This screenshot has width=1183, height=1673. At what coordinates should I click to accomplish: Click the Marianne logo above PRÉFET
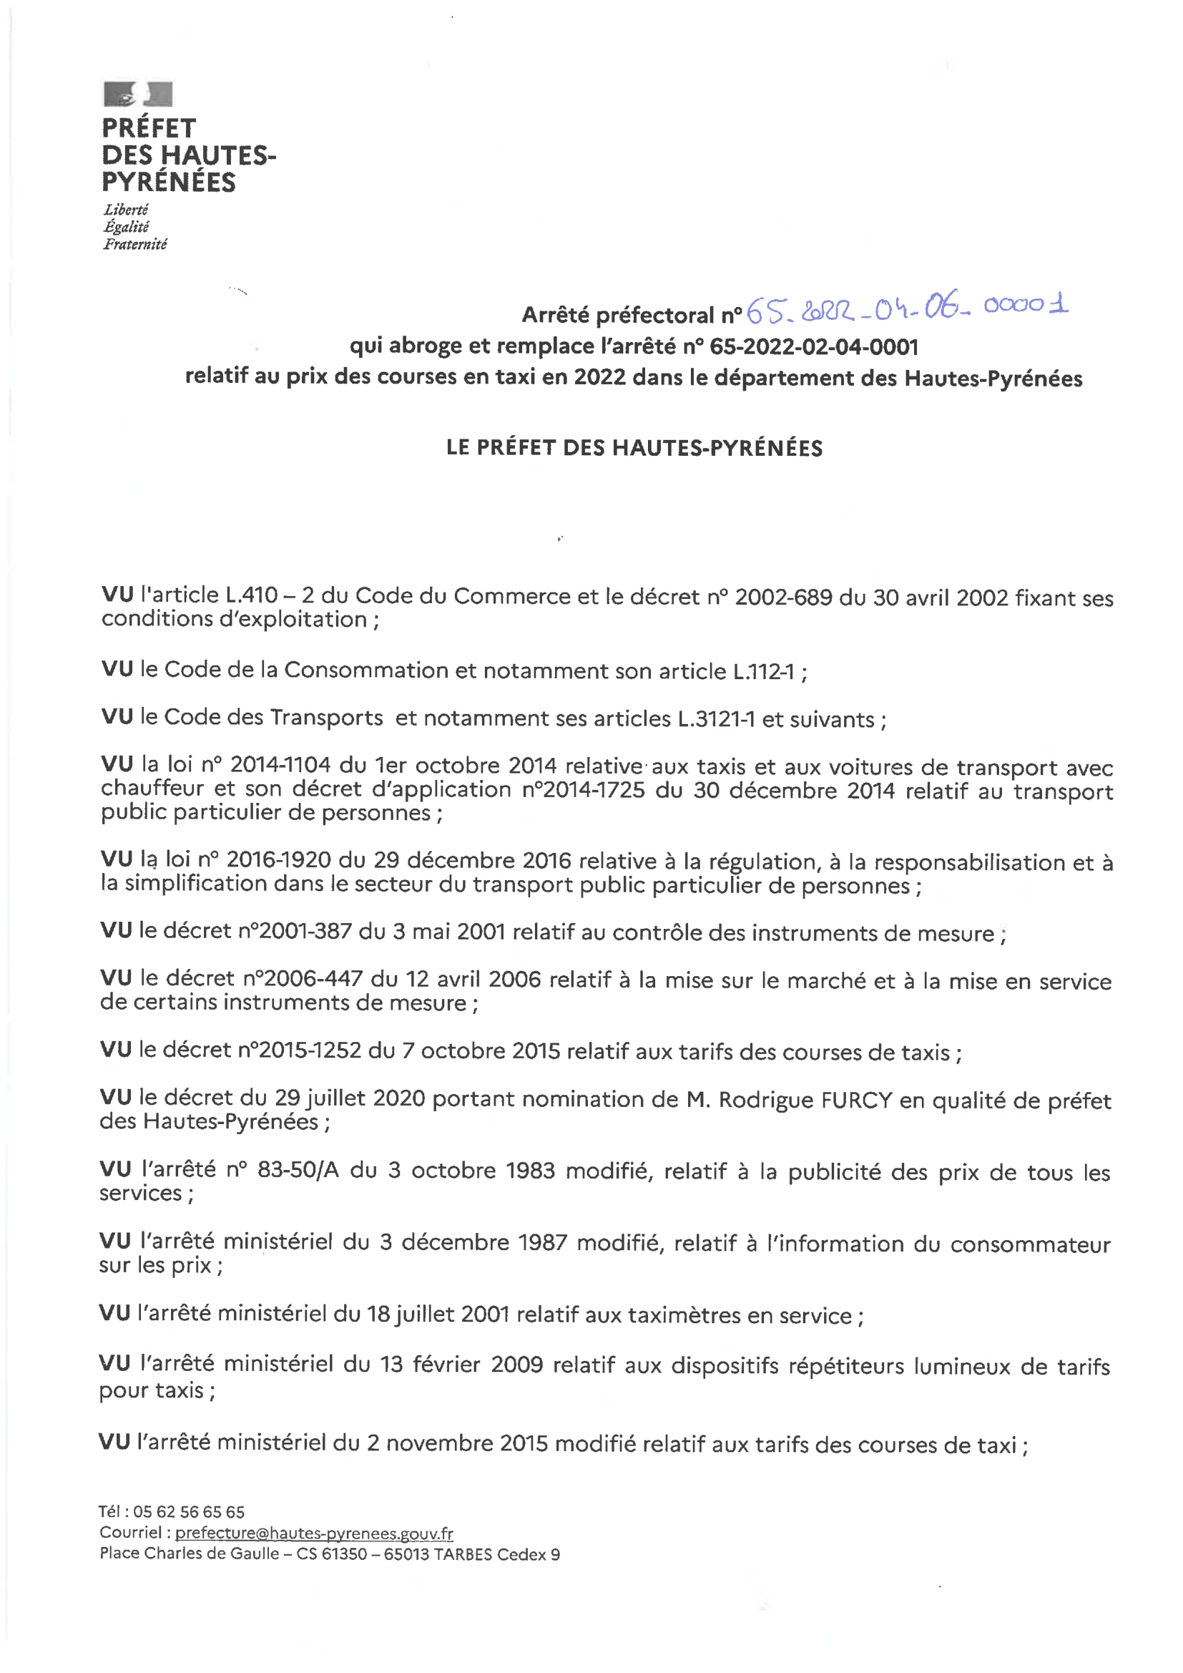(137, 94)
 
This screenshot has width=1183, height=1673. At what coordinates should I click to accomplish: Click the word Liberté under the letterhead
(126, 210)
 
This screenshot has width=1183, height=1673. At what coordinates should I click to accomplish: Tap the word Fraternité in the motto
(134, 245)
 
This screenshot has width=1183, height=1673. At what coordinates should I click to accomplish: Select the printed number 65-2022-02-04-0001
(814, 346)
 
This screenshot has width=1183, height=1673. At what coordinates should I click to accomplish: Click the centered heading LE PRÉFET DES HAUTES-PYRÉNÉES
(634, 448)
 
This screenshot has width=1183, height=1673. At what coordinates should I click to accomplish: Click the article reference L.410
(251, 595)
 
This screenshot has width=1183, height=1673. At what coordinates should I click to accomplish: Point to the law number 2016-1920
(278, 860)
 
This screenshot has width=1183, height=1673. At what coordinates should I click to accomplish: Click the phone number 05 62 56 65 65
(189, 1512)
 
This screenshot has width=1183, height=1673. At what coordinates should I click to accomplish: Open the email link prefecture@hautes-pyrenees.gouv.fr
(314, 1533)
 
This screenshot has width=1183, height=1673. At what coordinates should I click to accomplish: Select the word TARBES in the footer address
(463, 1554)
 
